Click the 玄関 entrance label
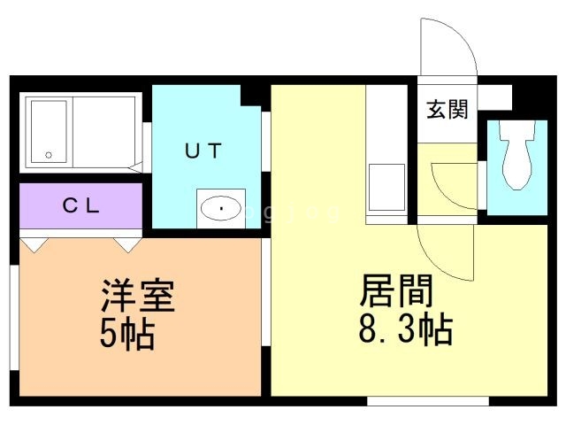coord(447,109)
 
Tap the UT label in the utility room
coord(203,151)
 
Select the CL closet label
coord(80,206)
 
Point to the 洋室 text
coord(138,296)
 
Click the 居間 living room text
coord(396,290)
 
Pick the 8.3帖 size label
coord(406,328)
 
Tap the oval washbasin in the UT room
coord(220,208)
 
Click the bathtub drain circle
coord(49,156)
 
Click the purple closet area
coord(80,205)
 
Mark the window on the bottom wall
coord(428,401)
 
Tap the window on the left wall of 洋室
coord(14,318)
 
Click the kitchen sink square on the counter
coord(386,187)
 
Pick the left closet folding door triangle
coord(34,245)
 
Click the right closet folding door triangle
coord(127,245)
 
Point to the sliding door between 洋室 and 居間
coord(266,292)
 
